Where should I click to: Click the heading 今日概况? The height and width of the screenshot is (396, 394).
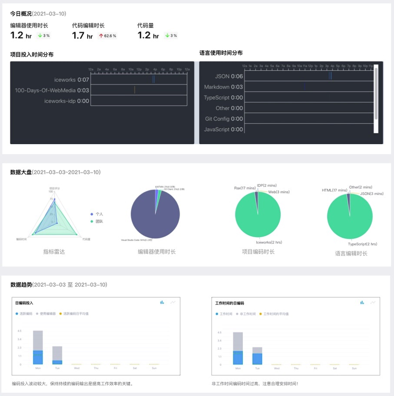click(20, 13)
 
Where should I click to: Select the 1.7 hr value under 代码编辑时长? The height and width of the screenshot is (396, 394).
click(82, 35)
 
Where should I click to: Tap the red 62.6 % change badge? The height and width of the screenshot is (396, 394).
click(108, 36)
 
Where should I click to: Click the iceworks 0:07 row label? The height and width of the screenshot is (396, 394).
click(71, 79)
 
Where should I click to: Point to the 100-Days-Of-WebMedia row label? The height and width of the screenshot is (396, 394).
click(51, 90)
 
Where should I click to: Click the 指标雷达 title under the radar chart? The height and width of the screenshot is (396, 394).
click(54, 252)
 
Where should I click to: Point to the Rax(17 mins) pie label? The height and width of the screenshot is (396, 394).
click(244, 188)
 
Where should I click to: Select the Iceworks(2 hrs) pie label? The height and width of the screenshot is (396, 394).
click(269, 242)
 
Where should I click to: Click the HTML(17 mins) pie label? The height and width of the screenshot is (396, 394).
click(334, 190)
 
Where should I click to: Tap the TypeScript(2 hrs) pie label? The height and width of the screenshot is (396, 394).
click(363, 244)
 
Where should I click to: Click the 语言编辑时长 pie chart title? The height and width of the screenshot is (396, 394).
click(351, 253)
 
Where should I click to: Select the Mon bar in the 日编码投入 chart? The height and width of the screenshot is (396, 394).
click(38, 348)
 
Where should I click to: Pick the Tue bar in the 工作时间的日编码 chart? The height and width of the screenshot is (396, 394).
click(257, 356)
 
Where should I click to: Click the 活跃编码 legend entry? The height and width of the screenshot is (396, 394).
click(24, 314)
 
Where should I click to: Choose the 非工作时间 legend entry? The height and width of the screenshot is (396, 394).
click(246, 314)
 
